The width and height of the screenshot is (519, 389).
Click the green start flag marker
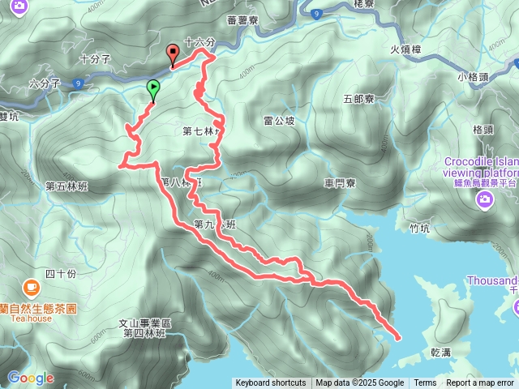click(153, 89)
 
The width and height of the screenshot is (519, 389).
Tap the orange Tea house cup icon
click(31, 287)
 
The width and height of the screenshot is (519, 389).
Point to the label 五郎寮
click(358, 99)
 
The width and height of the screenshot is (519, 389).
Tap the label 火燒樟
click(405, 49)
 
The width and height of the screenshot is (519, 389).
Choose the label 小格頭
click(472, 77)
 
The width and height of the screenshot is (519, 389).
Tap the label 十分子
click(97, 59)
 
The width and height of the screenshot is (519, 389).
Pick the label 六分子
click(45, 83)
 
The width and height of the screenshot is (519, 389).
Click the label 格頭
click(483, 129)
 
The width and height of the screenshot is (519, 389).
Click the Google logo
click(31, 378)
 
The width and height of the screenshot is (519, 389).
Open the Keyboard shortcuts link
click(271, 383)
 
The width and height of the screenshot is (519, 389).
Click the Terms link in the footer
click(425, 383)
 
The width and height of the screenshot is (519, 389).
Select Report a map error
click(481, 383)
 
